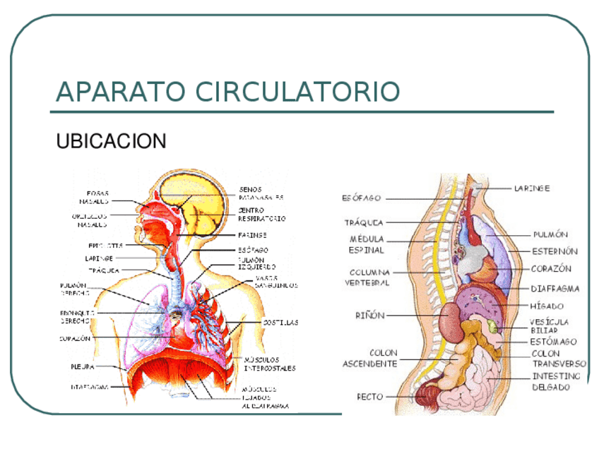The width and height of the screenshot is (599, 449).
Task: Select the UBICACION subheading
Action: (x=111, y=141)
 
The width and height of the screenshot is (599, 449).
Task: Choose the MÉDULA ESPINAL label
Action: (x=366, y=244)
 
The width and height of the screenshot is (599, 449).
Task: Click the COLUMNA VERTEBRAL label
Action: (x=367, y=277)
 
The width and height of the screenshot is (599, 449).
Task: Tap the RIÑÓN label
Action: (x=369, y=316)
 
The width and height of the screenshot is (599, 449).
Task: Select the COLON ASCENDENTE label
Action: (x=369, y=358)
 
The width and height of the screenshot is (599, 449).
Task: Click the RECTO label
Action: (x=369, y=397)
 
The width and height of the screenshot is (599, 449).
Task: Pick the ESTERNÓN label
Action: (x=554, y=251)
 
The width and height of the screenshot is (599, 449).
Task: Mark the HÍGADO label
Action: (x=547, y=306)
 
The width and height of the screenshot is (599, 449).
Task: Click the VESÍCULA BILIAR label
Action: (x=549, y=325)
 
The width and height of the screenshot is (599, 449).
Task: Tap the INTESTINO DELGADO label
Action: (x=556, y=381)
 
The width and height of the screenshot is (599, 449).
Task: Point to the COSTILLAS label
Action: (x=280, y=322)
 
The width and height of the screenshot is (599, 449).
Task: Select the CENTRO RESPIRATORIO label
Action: (x=261, y=215)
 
